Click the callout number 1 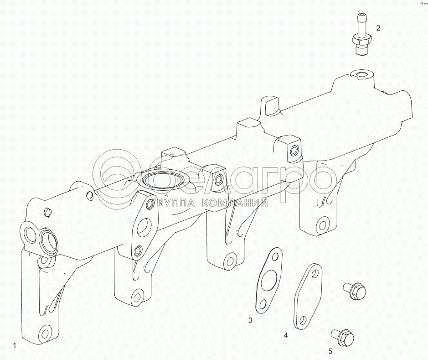15,345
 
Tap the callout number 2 378,27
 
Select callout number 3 250,320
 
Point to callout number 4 286,335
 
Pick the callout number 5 330,351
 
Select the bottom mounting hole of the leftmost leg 44,332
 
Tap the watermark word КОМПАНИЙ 233,202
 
